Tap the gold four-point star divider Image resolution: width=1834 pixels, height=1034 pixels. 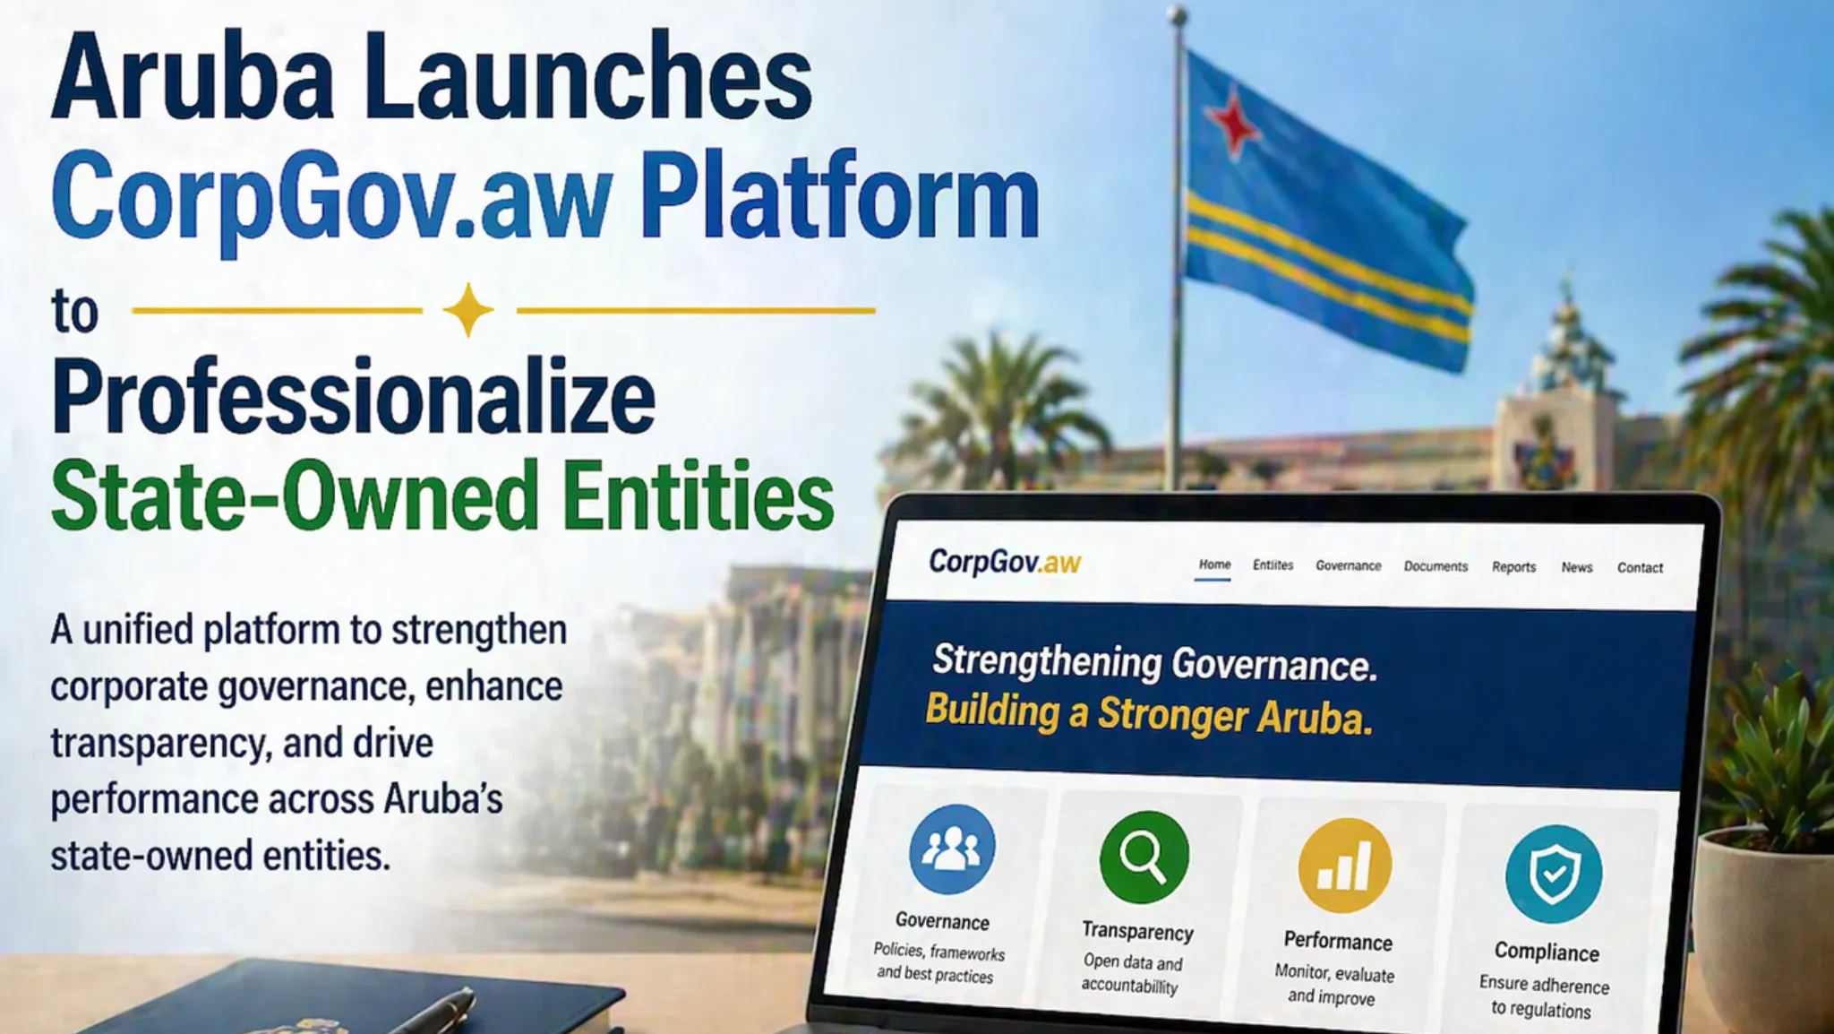click(x=468, y=310)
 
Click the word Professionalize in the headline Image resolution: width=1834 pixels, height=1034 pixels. click(x=354, y=397)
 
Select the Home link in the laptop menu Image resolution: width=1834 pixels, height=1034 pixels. click(x=1214, y=564)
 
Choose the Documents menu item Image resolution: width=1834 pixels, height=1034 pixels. click(x=1435, y=566)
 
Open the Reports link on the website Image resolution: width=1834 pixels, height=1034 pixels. click(x=1513, y=567)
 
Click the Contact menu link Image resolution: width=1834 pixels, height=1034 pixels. click(x=1640, y=568)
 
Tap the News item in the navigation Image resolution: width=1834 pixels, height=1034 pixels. click(x=1576, y=567)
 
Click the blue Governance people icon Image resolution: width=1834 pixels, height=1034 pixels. click(x=951, y=849)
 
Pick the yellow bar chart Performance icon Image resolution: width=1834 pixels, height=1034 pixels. click(x=1344, y=866)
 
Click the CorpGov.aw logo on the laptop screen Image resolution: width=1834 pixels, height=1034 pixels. click(x=1005, y=562)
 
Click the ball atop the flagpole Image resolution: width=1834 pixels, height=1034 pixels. click(x=1177, y=15)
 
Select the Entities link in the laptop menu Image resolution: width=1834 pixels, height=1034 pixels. click(x=1273, y=565)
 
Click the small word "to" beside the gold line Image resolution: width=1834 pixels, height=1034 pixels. click(x=74, y=312)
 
